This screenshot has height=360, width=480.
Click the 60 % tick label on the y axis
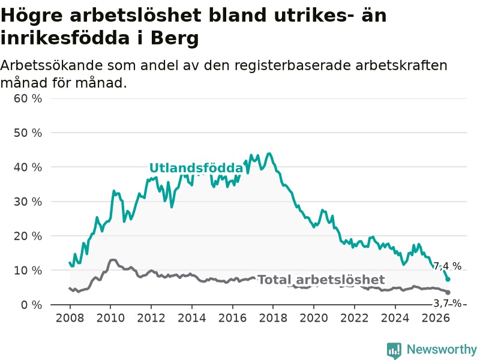pos(28,98)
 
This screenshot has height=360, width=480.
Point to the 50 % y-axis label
pos(28,133)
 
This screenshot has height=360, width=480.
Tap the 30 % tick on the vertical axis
pos(28,202)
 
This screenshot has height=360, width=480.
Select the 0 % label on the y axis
pos(32,305)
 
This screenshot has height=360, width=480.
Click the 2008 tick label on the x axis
pos(70,318)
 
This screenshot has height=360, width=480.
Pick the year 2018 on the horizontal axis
pos(273,318)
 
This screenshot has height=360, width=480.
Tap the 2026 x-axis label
pos(436,318)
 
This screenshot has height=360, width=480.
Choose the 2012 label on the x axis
pos(151,318)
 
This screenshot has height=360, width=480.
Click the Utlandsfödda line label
pos(196,168)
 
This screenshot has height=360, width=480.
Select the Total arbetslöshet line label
pos(321,280)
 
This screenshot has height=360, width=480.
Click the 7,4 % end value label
pos(447,266)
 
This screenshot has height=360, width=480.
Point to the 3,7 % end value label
pos(447,304)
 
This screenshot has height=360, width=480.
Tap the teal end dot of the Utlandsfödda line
pos(448,279)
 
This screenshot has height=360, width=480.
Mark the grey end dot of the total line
pos(448,292)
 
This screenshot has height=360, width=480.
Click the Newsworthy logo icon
pos(394,350)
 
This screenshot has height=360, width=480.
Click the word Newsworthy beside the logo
pos(442,349)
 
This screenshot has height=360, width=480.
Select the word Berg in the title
pos(175,38)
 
